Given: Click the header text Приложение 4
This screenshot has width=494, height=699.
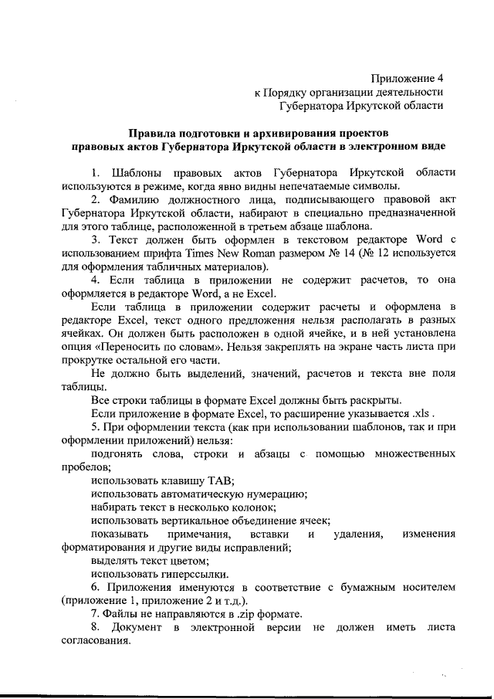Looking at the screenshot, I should (x=408, y=78).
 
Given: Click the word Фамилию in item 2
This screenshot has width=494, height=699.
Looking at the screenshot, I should (x=135, y=199).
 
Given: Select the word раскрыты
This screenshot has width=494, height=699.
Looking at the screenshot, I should (x=377, y=401).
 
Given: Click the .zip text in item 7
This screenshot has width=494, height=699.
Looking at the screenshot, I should (x=249, y=615).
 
